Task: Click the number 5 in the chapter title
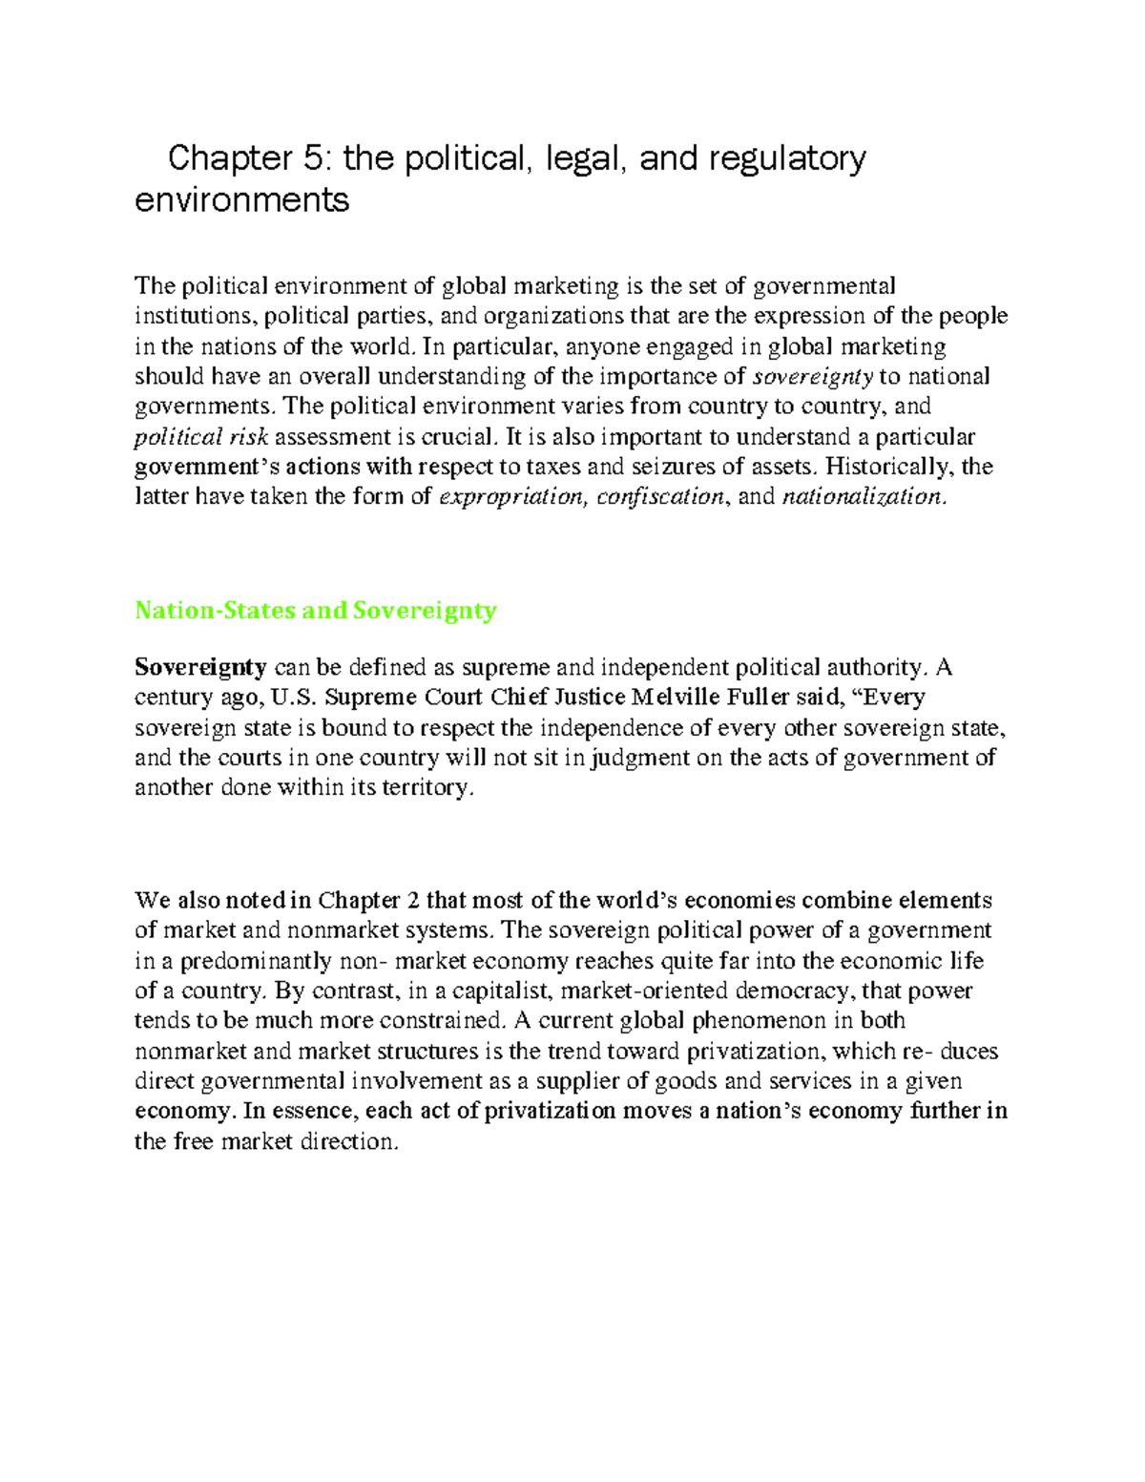pyautogui.click(x=314, y=157)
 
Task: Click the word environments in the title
pyautogui.click(x=242, y=200)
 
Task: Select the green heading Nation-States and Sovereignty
pyautogui.click(x=316, y=611)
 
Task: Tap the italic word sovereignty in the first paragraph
pyautogui.click(x=813, y=376)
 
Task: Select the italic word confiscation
pyautogui.click(x=660, y=496)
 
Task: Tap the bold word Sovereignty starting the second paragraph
pyautogui.click(x=200, y=667)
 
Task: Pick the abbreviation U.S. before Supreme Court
pyautogui.click(x=293, y=698)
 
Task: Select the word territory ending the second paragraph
pyautogui.click(x=427, y=788)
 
